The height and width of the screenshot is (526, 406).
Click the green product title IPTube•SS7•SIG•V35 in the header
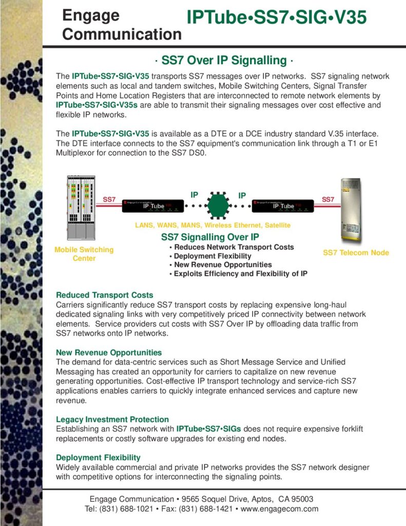pyautogui.click(x=276, y=17)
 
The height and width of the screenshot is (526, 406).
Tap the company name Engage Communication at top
pyautogui.click(x=122, y=25)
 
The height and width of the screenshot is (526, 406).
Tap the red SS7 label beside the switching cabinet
pyautogui.click(x=109, y=199)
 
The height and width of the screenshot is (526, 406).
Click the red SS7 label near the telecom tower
pyautogui.click(x=328, y=199)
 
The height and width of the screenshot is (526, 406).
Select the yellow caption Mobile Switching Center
pyautogui.click(x=84, y=254)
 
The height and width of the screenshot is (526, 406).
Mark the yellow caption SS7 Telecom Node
pyautogui.click(x=356, y=253)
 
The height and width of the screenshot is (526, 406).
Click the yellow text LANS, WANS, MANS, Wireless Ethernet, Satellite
pyautogui.click(x=212, y=225)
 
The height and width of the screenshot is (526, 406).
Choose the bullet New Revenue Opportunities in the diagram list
pyautogui.click(x=223, y=265)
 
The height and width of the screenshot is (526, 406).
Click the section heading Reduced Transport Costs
pyautogui.click(x=105, y=295)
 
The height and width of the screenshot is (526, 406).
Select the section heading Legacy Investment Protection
pyautogui.click(x=112, y=419)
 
